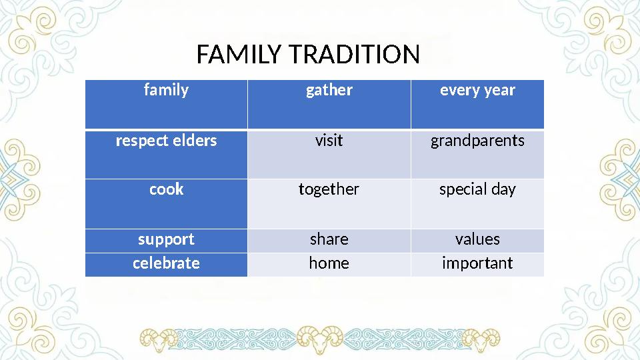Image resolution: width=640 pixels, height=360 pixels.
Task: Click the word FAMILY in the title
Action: pos(241,55)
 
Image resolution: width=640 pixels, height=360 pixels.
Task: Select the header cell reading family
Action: pos(166,91)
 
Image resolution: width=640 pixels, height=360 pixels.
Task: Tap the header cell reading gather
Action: pos(329,91)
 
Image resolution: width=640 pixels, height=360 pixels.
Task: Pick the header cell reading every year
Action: pos(477,91)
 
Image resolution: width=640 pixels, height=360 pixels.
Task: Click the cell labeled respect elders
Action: pos(166,141)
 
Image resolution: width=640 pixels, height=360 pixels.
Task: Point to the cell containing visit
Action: pos(329,141)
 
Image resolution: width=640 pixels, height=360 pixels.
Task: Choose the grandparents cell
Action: pos(477,141)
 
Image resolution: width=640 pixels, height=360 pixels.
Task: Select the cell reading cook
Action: pos(166,190)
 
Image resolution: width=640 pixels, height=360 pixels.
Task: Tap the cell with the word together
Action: pos(329,190)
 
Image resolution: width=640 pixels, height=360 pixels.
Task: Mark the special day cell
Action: pos(477,190)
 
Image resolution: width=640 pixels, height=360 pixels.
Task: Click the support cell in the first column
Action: pos(166,239)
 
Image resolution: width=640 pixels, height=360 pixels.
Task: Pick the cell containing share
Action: pos(329,239)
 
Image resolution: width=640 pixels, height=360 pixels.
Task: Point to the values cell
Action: pos(477,239)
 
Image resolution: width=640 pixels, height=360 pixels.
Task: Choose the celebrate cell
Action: pos(166,263)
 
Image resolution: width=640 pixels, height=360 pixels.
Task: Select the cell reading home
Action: pos(329,263)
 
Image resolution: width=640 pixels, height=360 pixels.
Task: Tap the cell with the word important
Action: pos(477,263)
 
